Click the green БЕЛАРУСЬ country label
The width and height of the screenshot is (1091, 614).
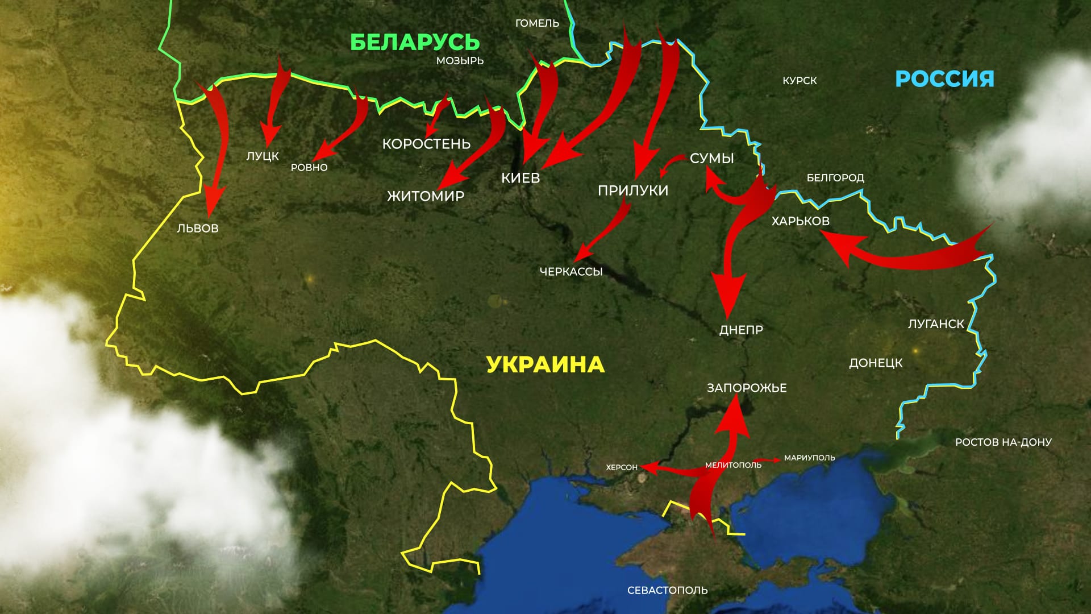(415, 43)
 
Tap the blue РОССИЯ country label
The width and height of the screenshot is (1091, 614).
(944, 78)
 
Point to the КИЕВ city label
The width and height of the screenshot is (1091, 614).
(520, 178)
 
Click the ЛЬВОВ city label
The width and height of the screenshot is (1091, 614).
(198, 229)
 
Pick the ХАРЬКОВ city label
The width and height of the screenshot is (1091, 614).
(800, 221)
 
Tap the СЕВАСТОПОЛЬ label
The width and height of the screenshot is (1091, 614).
(667, 590)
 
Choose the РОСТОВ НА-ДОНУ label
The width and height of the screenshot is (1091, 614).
(1003, 442)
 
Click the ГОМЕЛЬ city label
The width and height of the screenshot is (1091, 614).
(537, 23)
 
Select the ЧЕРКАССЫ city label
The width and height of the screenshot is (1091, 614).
(571, 272)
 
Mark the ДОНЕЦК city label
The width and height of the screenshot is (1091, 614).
(876, 363)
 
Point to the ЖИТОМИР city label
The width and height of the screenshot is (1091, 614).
(426, 196)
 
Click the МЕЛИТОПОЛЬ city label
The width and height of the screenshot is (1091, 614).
(733, 465)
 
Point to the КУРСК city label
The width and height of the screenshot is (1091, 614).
(799, 81)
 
